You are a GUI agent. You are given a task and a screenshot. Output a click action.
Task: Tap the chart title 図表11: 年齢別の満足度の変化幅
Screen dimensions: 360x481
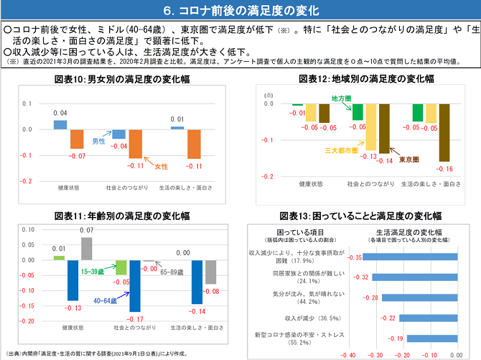pyautogui.click(x=121, y=215)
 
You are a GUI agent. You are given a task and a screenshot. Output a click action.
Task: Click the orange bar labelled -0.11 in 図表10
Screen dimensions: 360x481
pyautogui.click(x=136, y=144)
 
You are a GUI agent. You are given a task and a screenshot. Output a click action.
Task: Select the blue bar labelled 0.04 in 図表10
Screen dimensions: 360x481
pyautogui.click(x=60, y=124)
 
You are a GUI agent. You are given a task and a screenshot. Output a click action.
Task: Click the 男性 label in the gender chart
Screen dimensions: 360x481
pyautogui.click(x=98, y=142)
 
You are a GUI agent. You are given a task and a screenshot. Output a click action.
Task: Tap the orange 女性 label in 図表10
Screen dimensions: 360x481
pyautogui.click(x=162, y=166)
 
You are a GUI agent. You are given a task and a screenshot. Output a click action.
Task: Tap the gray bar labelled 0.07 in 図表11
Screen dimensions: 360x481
pyautogui.click(x=87, y=248)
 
